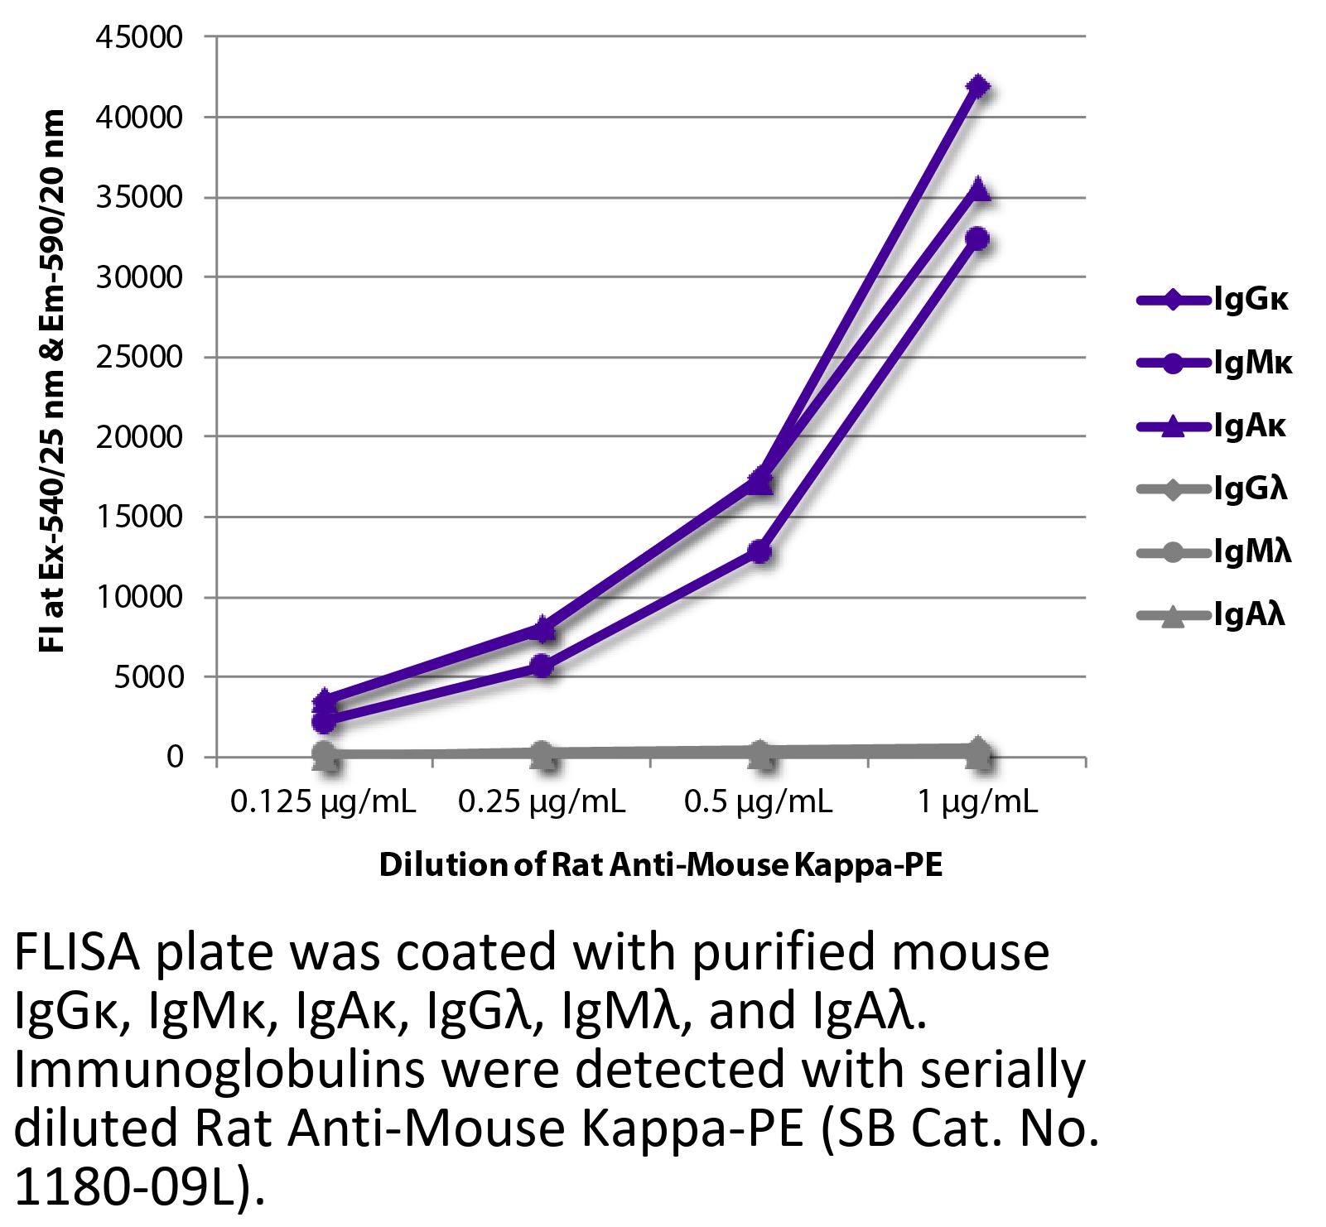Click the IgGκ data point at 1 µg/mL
(977, 87)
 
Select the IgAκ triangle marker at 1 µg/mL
(977, 190)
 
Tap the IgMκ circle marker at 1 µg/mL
(977, 239)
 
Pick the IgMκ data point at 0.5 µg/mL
(760, 551)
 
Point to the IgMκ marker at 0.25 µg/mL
(542, 666)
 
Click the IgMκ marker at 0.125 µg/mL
(325, 722)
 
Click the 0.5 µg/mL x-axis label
(759, 801)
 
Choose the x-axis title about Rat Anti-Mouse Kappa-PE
(661, 865)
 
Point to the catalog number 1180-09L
(125, 1189)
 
